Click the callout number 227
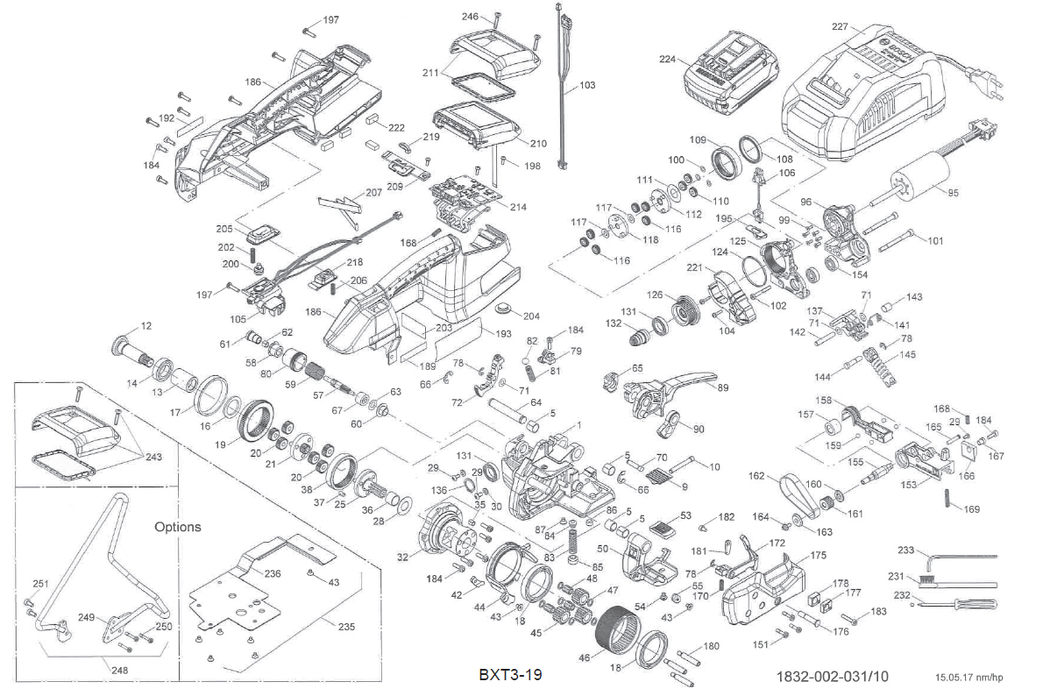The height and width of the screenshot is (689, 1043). click(840, 26)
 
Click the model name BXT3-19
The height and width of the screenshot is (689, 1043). click(510, 675)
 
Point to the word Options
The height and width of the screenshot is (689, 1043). click(177, 527)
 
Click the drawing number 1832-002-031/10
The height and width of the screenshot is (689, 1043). click(832, 676)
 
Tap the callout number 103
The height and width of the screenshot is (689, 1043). click(586, 85)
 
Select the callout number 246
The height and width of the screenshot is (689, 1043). click(471, 17)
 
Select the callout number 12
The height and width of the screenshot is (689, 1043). click(145, 326)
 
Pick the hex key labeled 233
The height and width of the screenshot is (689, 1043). click(955, 554)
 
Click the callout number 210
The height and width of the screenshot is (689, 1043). click(538, 144)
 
